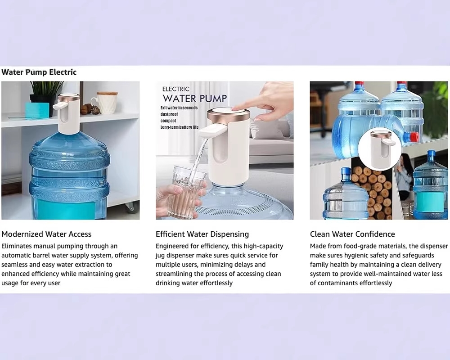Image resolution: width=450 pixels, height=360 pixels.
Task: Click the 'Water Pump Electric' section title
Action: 39,72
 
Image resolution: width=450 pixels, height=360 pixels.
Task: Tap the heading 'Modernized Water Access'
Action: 46,234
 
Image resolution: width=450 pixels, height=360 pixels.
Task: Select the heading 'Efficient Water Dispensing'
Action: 202,234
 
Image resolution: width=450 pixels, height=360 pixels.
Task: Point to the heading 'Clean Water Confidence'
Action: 352,234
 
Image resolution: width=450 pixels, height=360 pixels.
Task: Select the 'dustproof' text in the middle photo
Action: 169,114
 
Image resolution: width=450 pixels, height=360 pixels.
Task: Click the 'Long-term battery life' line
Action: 180,127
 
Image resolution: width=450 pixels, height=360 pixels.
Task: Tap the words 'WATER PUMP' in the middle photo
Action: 195,99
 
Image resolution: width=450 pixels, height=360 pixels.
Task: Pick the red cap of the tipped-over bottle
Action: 414,137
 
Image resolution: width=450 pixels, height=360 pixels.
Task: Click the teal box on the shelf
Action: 37,111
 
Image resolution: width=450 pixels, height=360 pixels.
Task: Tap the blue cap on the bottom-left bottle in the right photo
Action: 346,173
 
